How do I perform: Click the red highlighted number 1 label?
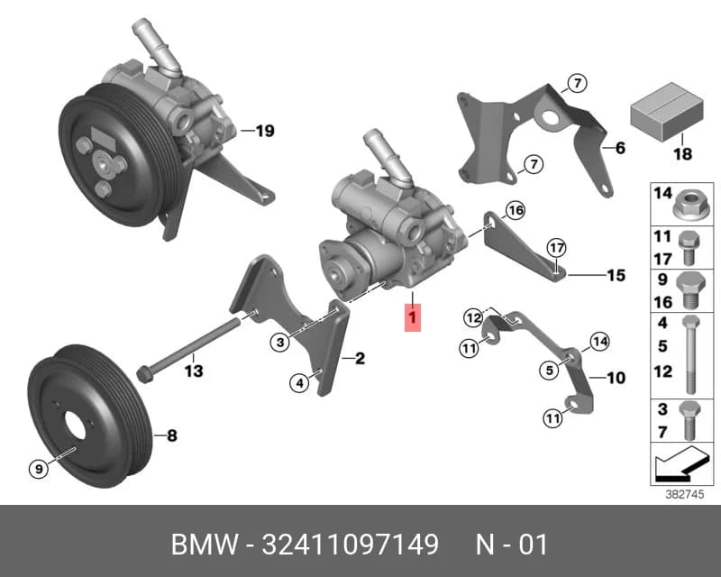point(413,317)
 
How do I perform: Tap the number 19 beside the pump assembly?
point(265,131)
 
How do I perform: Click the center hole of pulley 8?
point(76,425)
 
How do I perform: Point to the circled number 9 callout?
point(39,469)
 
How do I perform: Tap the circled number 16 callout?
point(515,210)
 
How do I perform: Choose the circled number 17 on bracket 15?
point(556,248)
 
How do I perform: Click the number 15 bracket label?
point(616,275)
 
